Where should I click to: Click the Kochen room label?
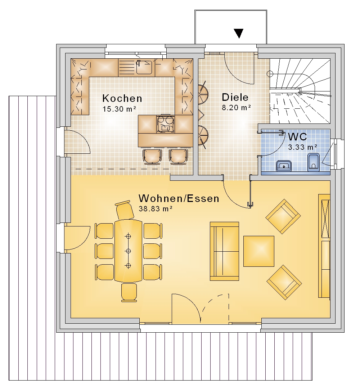click(x=122, y=98)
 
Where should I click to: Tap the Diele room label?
click(x=235, y=97)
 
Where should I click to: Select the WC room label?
click(x=297, y=137)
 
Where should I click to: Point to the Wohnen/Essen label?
click(x=179, y=198)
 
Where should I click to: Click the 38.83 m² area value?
click(x=156, y=209)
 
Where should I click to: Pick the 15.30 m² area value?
click(x=119, y=109)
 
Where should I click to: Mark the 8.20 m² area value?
click(x=237, y=108)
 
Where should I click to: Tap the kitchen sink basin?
click(x=144, y=67)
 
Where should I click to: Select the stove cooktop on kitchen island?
click(x=166, y=124)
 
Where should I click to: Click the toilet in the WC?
click(x=313, y=162)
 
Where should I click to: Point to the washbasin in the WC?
click(x=284, y=166)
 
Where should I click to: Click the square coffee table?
click(x=259, y=251)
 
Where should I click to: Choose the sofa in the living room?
click(x=224, y=251)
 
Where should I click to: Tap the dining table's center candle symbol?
click(x=128, y=251)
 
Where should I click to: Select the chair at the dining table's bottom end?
click(x=129, y=293)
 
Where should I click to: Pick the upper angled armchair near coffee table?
click(x=283, y=216)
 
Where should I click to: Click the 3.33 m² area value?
click(x=303, y=147)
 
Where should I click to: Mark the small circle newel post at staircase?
click(x=270, y=74)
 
